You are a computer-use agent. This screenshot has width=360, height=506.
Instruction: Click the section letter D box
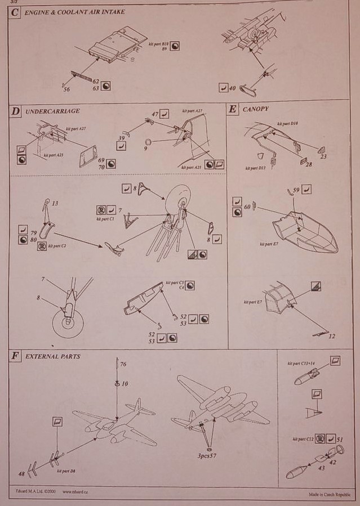(15, 111)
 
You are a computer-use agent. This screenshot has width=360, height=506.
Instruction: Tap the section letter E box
(232, 109)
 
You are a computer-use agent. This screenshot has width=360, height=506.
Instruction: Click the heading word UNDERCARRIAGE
(52, 111)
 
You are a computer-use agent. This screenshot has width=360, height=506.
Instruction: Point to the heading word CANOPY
(255, 109)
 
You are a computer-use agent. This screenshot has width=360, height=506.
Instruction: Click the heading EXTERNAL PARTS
(53, 356)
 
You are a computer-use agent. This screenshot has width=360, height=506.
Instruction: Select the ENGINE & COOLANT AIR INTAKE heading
(74, 12)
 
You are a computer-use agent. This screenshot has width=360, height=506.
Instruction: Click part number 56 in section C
(66, 89)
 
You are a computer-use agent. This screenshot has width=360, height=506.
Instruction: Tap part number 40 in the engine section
(232, 88)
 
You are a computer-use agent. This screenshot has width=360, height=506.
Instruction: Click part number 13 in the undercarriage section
(55, 203)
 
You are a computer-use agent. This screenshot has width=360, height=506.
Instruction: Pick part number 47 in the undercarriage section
(155, 114)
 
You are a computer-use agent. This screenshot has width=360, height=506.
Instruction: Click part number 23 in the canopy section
(323, 157)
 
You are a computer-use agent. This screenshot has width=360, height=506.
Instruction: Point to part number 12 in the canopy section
(332, 336)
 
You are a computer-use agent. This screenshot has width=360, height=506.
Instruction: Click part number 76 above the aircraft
(123, 365)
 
